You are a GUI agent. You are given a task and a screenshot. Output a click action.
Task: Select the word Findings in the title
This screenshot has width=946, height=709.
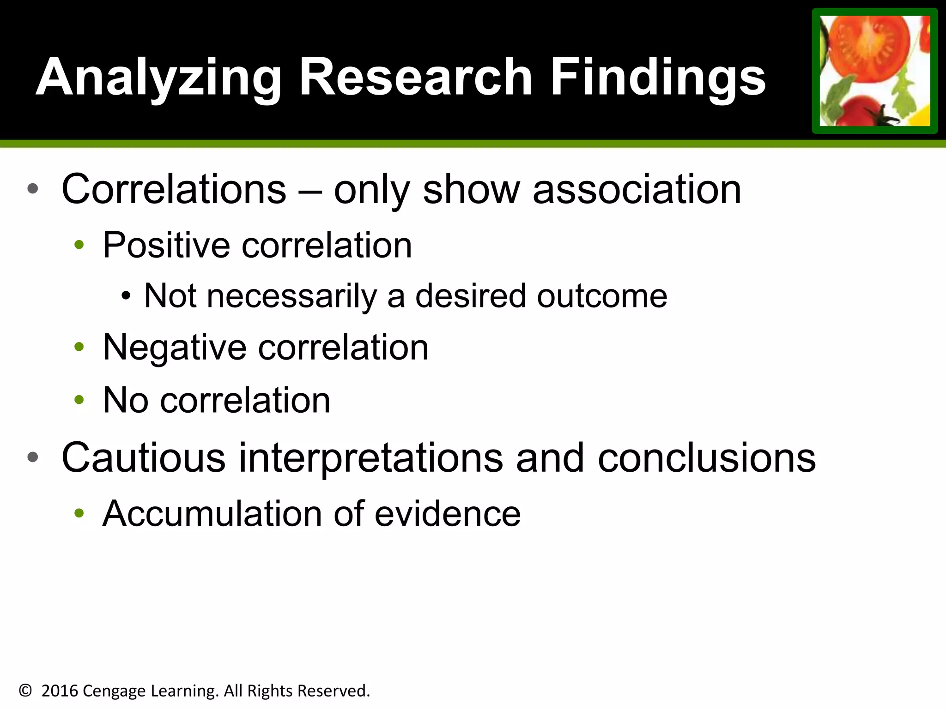(x=658, y=77)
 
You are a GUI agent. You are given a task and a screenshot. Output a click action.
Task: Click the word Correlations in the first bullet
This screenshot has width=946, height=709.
(x=174, y=189)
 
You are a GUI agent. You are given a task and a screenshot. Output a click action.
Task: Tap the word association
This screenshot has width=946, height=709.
(x=637, y=189)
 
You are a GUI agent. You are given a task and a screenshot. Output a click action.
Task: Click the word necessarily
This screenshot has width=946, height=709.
(x=292, y=296)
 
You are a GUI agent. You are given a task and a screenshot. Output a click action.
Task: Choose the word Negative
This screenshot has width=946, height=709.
(x=175, y=347)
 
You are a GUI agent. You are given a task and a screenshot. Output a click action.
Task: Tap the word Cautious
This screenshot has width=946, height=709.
(x=144, y=457)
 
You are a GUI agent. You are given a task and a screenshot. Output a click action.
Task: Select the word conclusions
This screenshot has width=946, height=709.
(x=707, y=457)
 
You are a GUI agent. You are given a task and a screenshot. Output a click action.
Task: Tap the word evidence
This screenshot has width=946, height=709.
(x=448, y=513)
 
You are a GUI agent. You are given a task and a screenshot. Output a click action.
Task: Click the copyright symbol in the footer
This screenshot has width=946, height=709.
(x=25, y=691)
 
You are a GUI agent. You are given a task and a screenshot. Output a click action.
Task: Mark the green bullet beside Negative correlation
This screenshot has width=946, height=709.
(x=79, y=347)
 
